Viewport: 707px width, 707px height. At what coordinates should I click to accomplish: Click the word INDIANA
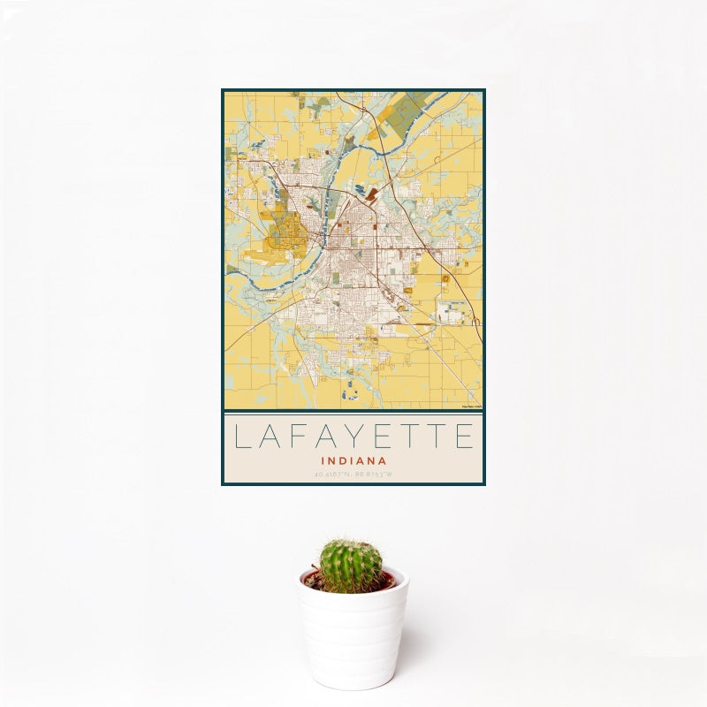pyautogui.click(x=353, y=460)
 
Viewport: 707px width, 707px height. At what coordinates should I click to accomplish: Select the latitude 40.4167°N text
pyautogui.click(x=333, y=475)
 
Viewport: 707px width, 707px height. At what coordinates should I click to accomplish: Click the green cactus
pyautogui.click(x=350, y=566)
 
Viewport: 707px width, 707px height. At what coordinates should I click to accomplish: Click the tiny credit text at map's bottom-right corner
pyautogui.click(x=472, y=406)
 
